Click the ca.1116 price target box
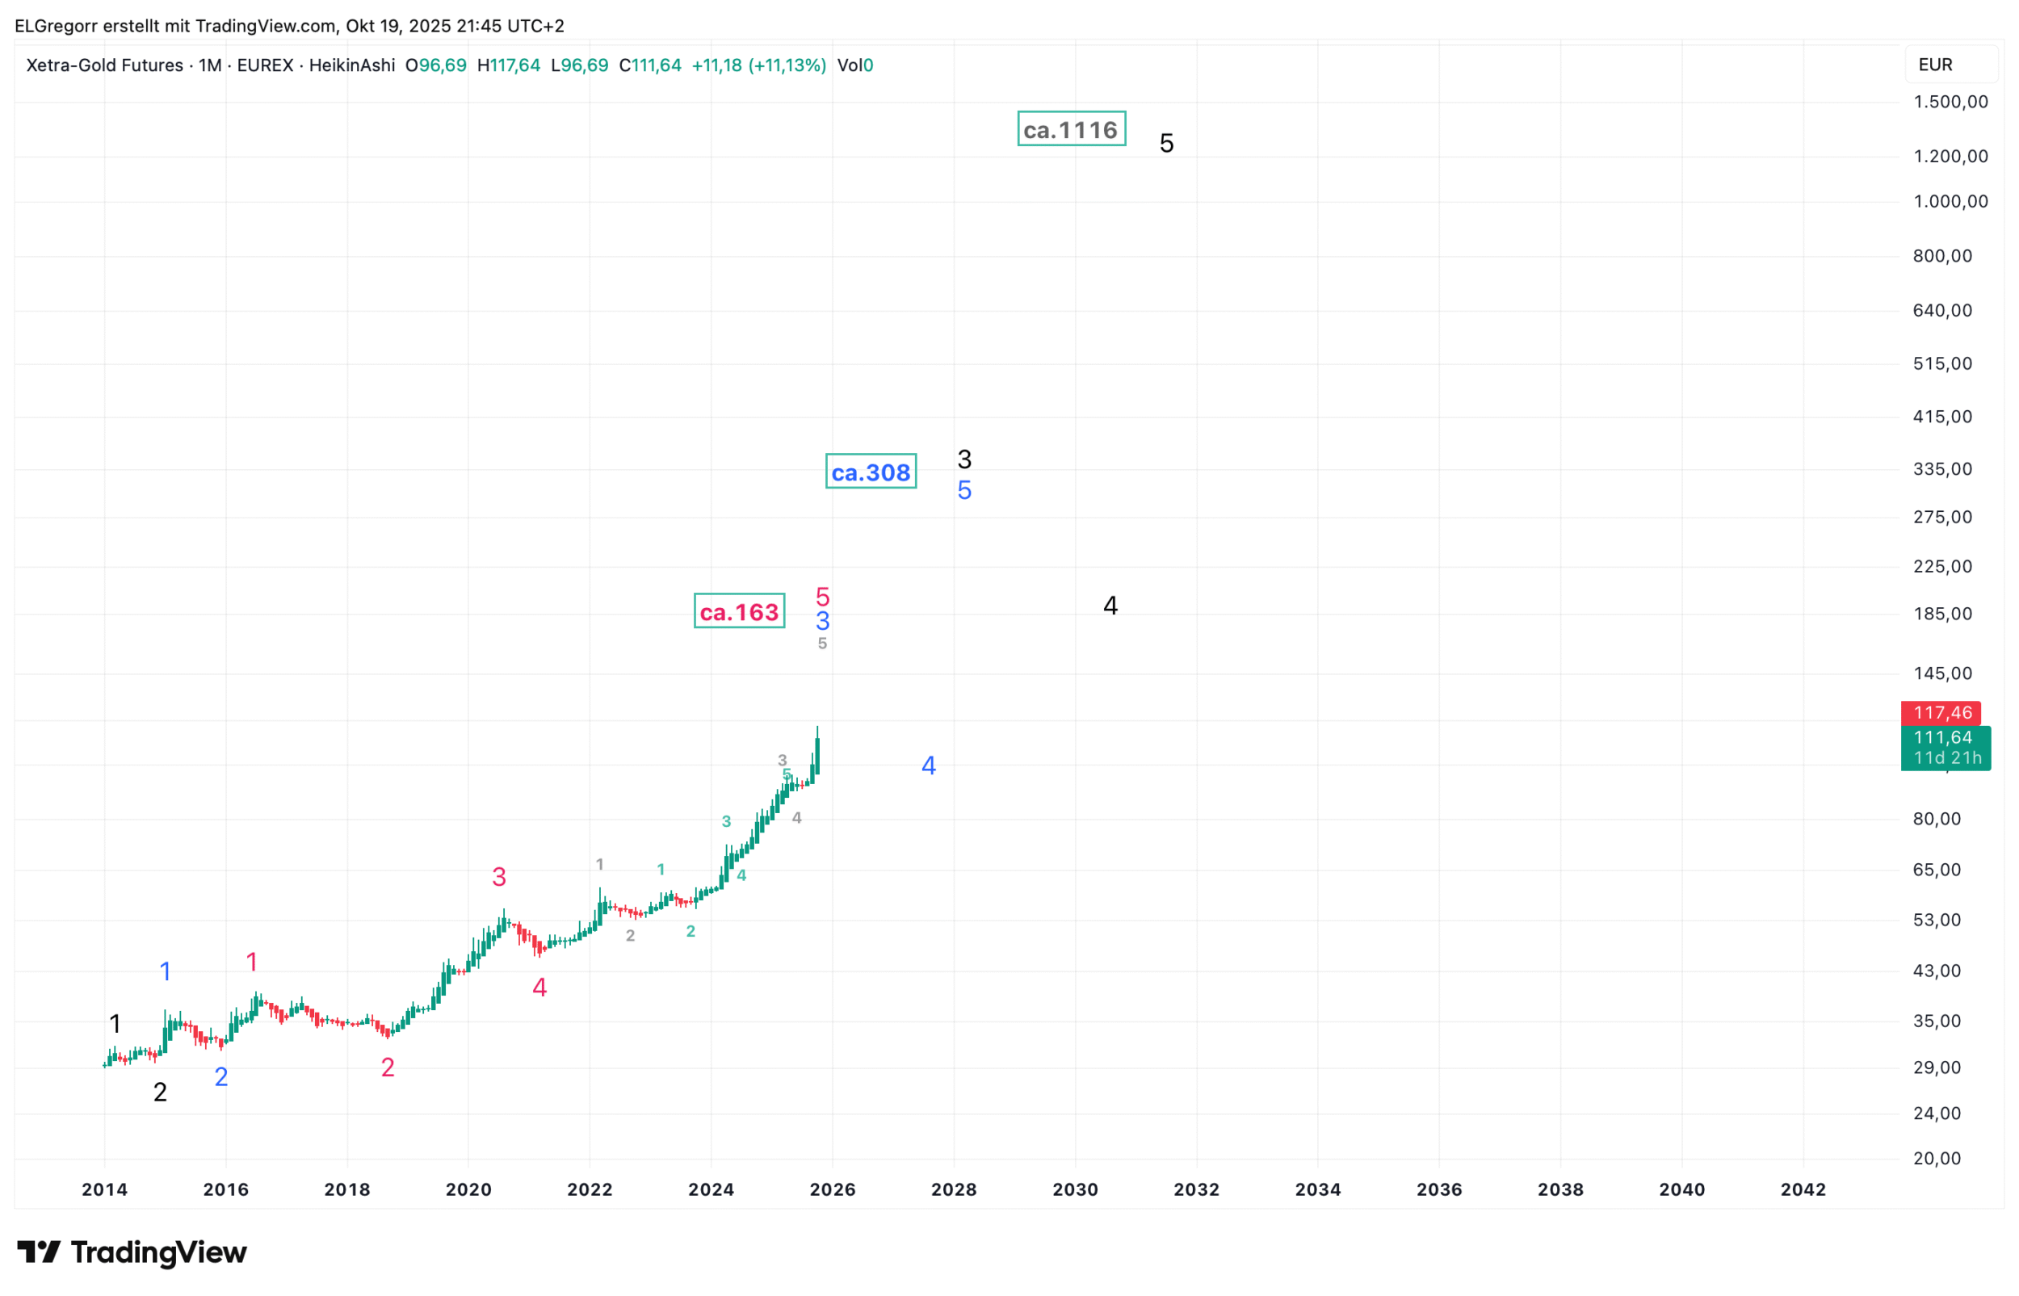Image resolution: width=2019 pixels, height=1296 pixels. (x=1071, y=128)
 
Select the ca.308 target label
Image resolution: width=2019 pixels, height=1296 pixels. (x=871, y=472)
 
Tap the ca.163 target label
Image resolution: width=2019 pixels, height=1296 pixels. (x=739, y=611)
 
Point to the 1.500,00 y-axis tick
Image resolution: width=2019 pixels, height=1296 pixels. (x=1950, y=102)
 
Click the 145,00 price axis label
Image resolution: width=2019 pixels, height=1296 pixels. (x=1941, y=673)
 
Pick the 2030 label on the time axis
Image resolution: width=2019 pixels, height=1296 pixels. (x=1075, y=1189)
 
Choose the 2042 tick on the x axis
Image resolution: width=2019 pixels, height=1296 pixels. (x=1803, y=1189)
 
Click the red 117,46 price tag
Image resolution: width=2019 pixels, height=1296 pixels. (x=1941, y=713)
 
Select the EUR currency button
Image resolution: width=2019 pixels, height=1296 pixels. (x=1935, y=65)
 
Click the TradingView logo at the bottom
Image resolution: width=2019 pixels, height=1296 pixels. (x=132, y=1252)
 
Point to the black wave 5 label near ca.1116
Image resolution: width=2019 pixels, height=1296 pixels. (x=1165, y=143)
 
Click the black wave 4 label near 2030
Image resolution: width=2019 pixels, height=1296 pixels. (x=1110, y=605)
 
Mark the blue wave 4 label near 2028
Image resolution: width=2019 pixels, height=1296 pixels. (x=928, y=765)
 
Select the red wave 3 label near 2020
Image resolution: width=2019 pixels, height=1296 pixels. (x=499, y=877)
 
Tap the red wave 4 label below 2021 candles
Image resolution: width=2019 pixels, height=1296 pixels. (x=539, y=988)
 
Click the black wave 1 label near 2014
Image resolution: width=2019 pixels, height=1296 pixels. (x=115, y=1023)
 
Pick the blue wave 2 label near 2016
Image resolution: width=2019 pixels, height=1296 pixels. (x=221, y=1076)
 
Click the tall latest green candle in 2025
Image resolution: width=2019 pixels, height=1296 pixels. (x=817, y=754)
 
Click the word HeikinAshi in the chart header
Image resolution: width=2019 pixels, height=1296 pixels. (x=352, y=65)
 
